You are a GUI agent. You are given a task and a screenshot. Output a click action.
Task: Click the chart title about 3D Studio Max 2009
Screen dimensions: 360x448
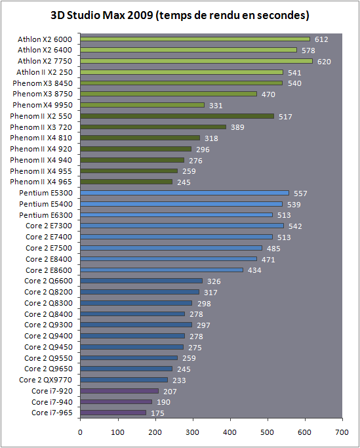180,15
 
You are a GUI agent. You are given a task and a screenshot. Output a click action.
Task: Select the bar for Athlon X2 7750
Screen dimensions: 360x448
196,61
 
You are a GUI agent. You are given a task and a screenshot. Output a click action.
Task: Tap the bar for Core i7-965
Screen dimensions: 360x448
113,413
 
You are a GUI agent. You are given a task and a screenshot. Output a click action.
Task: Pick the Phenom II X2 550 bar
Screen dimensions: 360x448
177,116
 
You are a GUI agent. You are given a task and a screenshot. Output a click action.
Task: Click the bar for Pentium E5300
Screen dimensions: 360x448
184,193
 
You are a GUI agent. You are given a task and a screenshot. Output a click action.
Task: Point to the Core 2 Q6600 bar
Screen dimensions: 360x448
141,281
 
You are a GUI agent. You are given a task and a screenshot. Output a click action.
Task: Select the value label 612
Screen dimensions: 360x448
321,39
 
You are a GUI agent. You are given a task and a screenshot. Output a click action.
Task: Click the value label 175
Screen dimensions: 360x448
158,413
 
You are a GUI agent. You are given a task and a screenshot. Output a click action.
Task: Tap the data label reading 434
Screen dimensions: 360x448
254,270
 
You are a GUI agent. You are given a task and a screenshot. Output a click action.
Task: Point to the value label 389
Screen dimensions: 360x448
238,127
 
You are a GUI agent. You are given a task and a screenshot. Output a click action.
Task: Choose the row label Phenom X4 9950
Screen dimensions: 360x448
42,105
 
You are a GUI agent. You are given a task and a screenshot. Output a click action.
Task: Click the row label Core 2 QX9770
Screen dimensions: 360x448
45,380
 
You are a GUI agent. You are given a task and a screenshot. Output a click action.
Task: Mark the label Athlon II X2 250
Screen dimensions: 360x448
45,72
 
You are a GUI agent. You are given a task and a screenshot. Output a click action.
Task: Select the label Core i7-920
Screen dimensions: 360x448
52,391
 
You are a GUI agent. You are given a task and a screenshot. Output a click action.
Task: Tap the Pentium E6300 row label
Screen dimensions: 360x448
46,215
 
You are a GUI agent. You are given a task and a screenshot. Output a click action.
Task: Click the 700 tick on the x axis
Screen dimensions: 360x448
342,432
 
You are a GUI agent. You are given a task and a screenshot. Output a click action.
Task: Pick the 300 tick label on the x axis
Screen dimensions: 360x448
193,432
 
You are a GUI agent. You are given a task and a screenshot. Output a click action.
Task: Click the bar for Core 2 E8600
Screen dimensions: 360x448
162,270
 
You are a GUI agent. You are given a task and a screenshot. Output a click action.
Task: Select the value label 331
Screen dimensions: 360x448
216,106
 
